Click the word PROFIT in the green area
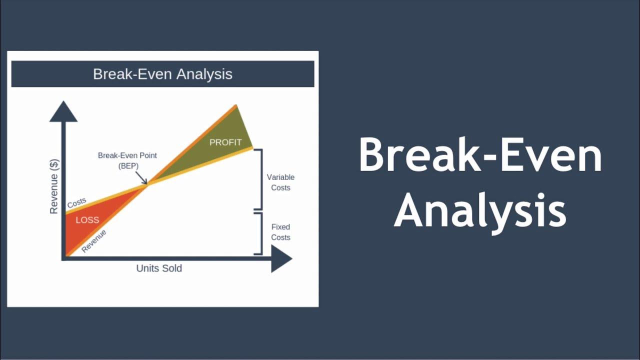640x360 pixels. pyautogui.click(x=225, y=142)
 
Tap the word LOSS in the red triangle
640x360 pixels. pyautogui.click(x=87, y=220)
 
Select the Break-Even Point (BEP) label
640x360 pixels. pyautogui.click(x=127, y=160)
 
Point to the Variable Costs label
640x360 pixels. pyautogui.click(x=280, y=182)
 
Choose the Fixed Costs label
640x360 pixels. pyautogui.click(x=280, y=232)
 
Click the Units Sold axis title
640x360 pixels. pyautogui.click(x=159, y=268)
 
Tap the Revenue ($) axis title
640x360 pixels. pyautogui.click(x=54, y=186)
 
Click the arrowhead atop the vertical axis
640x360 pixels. pyautogui.click(x=63, y=112)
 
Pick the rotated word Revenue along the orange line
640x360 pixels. pyautogui.click(x=94, y=241)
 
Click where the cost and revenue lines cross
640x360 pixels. pyautogui.click(x=147, y=184)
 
